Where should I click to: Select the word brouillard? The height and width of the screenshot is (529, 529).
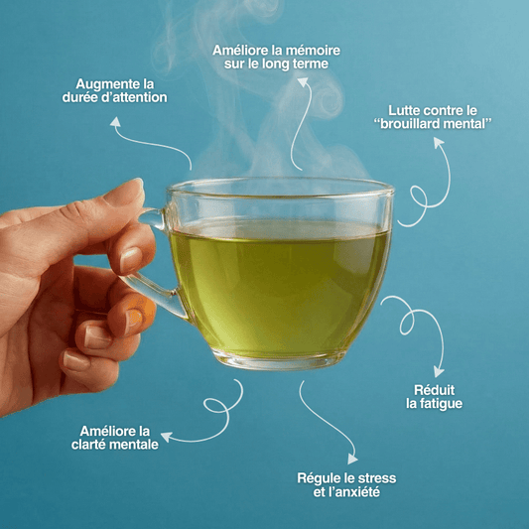tap(410, 124)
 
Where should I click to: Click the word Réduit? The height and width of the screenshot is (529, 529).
tap(434, 390)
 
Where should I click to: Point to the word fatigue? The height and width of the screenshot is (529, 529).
tap(441, 404)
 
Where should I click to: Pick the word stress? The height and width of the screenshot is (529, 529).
tap(377, 478)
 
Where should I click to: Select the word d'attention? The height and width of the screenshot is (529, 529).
tap(140, 97)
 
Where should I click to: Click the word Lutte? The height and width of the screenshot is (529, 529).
tap(402, 110)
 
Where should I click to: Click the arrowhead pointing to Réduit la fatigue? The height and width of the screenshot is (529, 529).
tap(439, 372)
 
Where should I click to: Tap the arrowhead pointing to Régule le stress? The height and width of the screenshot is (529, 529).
tap(352, 459)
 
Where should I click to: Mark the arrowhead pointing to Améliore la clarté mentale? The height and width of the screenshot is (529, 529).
tap(167, 437)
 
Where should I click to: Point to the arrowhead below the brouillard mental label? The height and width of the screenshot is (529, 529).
tap(439, 142)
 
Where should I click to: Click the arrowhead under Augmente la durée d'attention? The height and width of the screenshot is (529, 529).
tap(116, 122)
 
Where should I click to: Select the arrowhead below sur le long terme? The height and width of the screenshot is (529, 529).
tap(303, 82)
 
